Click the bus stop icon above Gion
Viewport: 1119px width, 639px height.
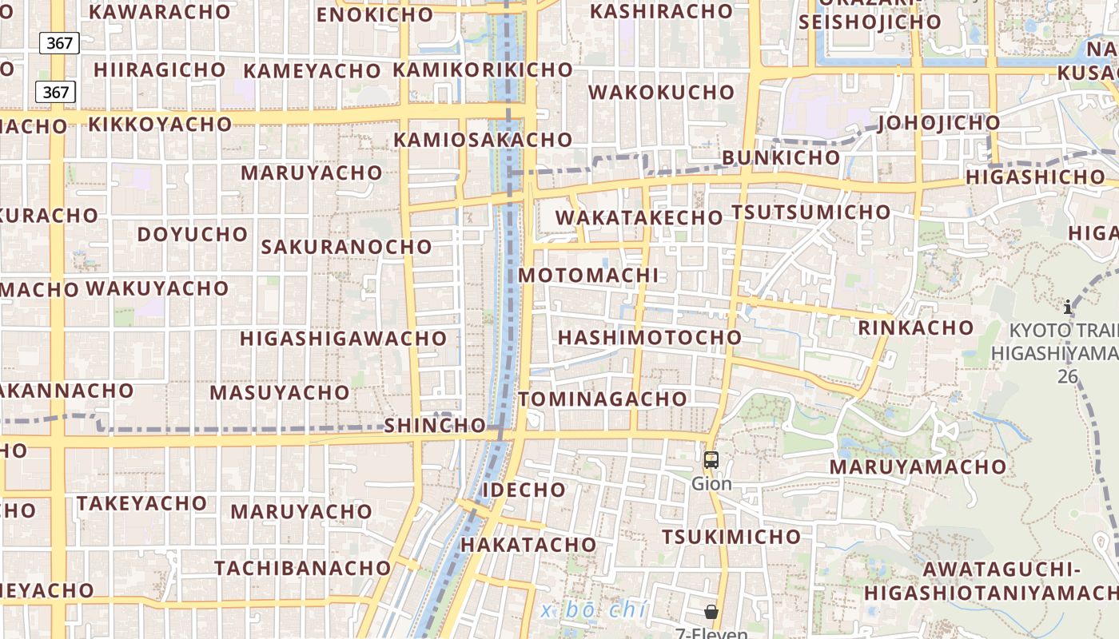(x=711, y=460)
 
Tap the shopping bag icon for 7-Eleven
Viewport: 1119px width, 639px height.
(x=711, y=613)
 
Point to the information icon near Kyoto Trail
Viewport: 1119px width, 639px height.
(x=1068, y=307)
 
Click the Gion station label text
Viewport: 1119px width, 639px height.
(x=711, y=484)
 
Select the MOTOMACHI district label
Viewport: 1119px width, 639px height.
(x=588, y=276)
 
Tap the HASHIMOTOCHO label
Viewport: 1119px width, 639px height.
(x=650, y=338)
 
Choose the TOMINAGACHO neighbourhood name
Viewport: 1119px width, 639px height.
(x=603, y=399)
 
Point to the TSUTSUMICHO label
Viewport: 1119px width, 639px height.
(x=810, y=212)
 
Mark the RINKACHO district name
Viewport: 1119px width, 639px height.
(x=915, y=327)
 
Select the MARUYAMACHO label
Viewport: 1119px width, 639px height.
(x=918, y=466)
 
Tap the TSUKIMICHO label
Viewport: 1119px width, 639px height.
(x=731, y=537)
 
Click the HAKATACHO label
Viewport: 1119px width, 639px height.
(x=528, y=545)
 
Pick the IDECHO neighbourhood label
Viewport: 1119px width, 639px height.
(x=524, y=490)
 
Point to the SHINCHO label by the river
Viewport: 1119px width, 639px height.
(x=435, y=426)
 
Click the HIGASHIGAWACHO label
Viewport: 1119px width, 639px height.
(x=343, y=339)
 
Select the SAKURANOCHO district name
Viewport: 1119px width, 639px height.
(x=346, y=247)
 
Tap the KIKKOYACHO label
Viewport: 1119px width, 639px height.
(x=160, y=125)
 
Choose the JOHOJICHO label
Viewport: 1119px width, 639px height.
(x=938, y=123)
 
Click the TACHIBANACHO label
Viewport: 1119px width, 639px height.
(x=302, y=569)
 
